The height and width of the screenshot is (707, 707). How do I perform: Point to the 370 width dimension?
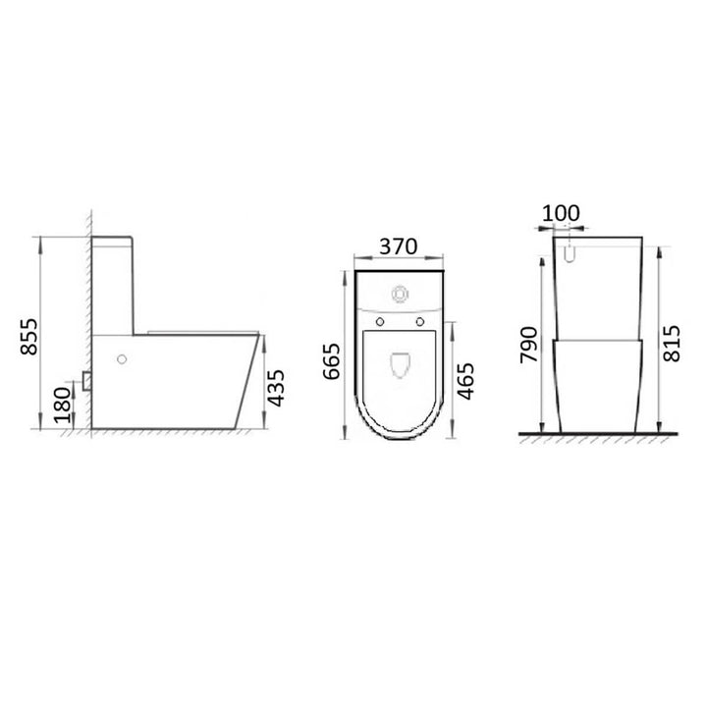pyautogui.click(x=400, y=245)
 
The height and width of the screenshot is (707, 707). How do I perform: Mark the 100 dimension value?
pyautogui.click(x=561, y=213)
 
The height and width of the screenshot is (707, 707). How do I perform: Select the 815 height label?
pyautogui.click(x=671, y=340)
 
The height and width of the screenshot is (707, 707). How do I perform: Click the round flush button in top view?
pyautogui.click(x=400, y=292)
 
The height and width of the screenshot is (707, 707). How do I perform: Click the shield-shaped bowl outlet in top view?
pyautogui.click(x=400, y=365)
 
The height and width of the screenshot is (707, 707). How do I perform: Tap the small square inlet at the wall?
pyautogui.click(x=88, y=378)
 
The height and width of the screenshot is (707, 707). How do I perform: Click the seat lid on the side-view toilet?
pyautogui.click(x=196, y=333)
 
